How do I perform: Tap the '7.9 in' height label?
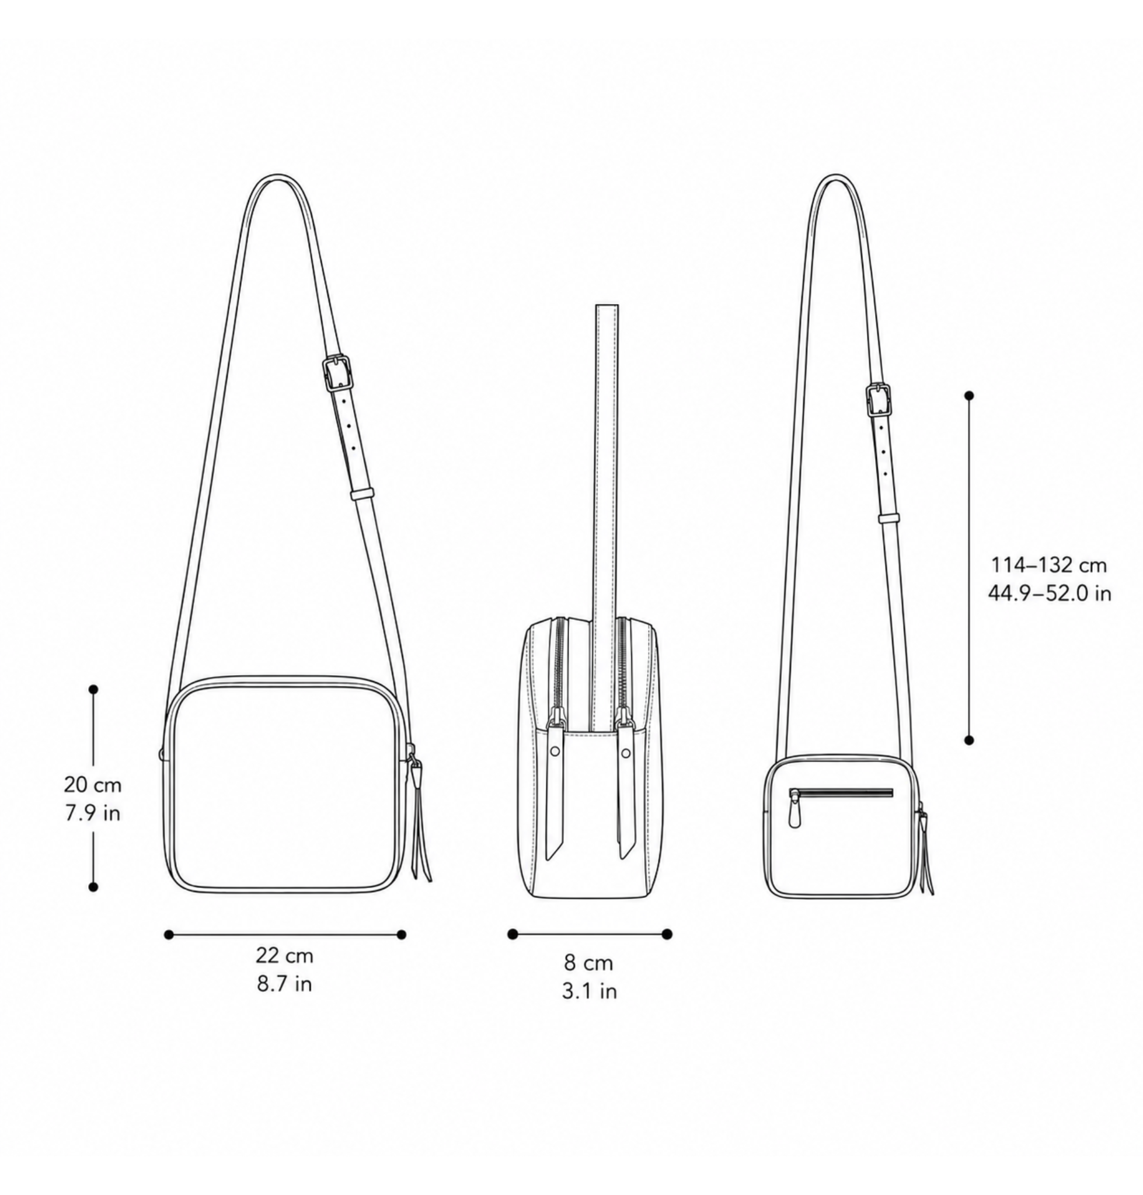pyautogui.click(x=93, y=813)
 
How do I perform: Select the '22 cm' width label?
pyautogui.click(x=284, y=956)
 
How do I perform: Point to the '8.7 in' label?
pyautogui.click(x=284, y=984)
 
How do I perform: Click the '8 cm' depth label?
pyautogui.click(x=588, y=963)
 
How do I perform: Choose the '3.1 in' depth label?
pyautogui.click(x=589, y=991)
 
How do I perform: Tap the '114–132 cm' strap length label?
pyautogui.click(x=1048, y=565)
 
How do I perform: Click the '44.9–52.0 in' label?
pyautogui.click(x=1049, y=593)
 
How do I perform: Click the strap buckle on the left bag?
pyautogui.click(x=337, y=373)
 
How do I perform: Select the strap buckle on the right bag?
pyautogui.click(x=878, y=400)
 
